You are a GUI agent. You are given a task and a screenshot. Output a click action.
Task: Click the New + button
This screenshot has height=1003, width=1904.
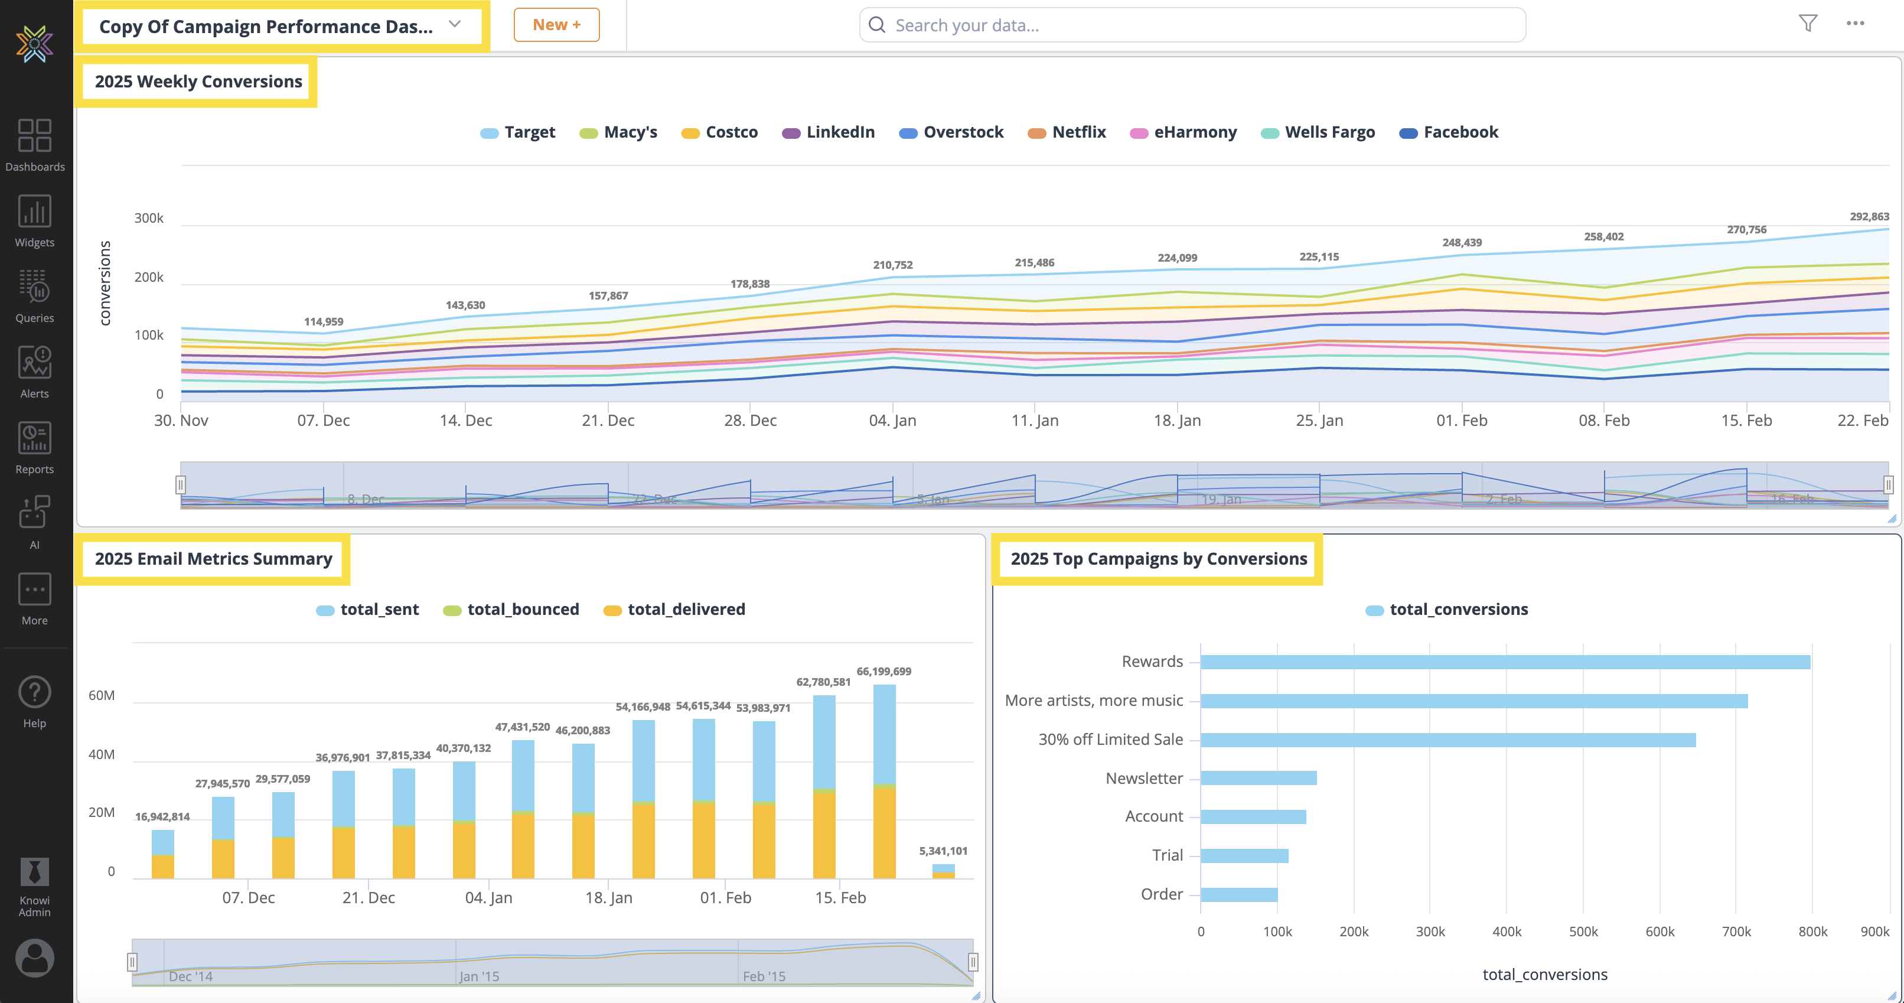tap(556, 25)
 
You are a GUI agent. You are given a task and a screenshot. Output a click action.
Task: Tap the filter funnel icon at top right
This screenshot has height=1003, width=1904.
tap(1807, 24)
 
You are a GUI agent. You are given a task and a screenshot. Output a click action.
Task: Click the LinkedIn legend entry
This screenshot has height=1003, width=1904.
tap(829, 132)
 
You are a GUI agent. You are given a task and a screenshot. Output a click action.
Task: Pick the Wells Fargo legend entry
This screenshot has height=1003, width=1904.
tap(1318, 132)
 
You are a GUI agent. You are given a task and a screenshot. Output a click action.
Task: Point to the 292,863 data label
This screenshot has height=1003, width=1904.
tap(1869, 217)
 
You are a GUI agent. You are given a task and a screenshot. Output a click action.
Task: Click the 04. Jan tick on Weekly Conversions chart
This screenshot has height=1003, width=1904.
tap(892, 421)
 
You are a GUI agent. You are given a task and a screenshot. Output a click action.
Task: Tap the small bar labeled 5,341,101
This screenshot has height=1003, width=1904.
tap(943, 871)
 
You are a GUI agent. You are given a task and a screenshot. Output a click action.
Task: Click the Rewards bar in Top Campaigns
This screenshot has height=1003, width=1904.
tap(1505, 662)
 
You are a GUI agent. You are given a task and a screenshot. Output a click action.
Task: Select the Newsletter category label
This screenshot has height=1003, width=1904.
tap(1143, 779)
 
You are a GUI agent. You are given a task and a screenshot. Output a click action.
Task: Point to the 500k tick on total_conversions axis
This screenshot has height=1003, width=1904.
tap(1583, 932)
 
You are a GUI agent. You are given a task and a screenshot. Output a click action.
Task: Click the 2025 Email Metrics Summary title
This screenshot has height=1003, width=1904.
tap(213, 559)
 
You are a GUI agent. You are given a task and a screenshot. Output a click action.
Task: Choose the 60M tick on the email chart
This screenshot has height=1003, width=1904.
tap(101, 695)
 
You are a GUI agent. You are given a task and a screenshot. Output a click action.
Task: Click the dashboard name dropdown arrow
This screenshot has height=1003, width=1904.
tap(455, 24)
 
